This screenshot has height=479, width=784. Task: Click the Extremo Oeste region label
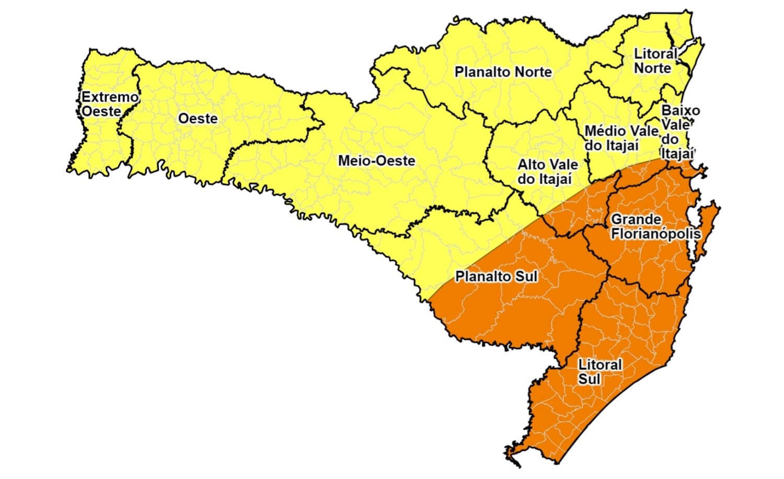[110, 104]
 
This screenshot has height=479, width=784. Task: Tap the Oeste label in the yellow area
[198, 119]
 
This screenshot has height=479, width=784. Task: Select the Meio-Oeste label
[376, 161]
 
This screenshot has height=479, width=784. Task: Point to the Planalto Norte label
[503, 72]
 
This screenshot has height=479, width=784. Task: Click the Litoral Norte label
[654, 61]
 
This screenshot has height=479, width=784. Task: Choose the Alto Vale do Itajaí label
[547, 172]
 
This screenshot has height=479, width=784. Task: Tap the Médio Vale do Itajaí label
[620, 138]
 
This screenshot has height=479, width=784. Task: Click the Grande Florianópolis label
[655, 226]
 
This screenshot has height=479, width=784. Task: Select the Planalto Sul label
[496, 276]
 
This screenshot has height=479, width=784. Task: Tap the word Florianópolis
[655, 233]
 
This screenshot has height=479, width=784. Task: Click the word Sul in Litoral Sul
[589, 379]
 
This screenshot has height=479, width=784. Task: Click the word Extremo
[110, 97]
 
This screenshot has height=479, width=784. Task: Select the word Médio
[603, 131]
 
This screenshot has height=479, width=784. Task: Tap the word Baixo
[680, 110]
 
